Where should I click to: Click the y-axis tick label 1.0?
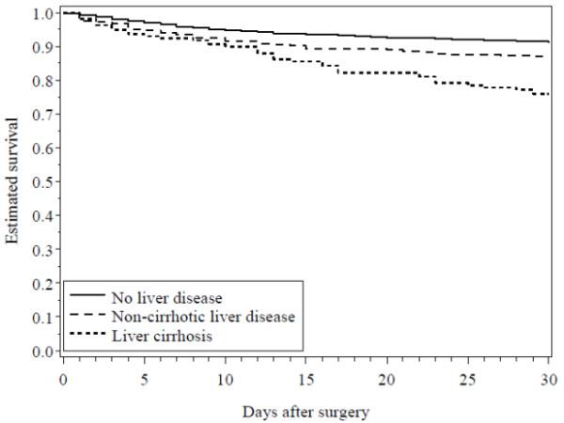coord(41,14)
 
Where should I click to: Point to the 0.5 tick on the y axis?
coord(41,182)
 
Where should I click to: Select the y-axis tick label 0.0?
coord(41,352)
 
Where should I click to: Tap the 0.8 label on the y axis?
coord(41,82)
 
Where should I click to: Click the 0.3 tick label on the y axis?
coord(41,250)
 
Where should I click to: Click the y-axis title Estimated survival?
coord(13,183)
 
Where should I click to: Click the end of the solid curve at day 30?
coord(549,41)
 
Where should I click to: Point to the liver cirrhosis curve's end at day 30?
coord(549,95)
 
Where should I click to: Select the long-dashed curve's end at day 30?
coord(549,57)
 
